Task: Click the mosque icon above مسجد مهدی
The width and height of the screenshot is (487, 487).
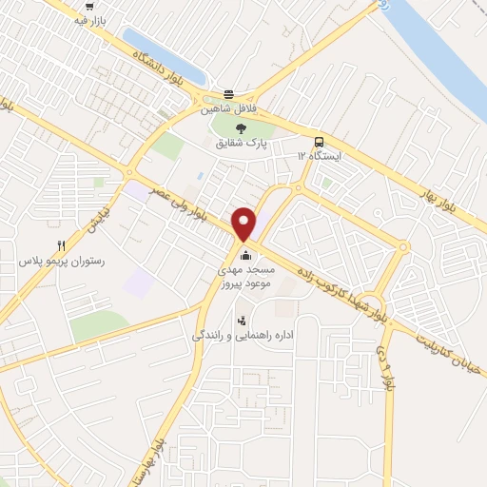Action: click(245, 254)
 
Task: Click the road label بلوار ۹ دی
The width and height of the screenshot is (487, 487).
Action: click(384, 366)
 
